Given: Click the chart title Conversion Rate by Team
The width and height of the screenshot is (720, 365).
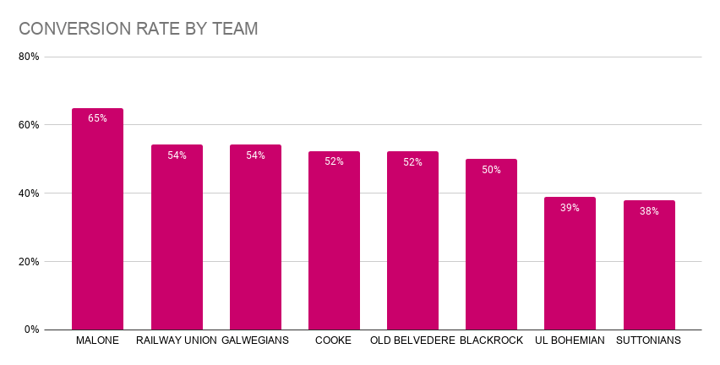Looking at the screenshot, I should (x=138, y=29).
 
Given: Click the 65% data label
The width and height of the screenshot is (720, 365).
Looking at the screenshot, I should (x=97, y=118).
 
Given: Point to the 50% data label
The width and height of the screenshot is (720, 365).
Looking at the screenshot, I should (x=491, y=170).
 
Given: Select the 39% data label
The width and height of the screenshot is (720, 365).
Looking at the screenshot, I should (x=570, y=208).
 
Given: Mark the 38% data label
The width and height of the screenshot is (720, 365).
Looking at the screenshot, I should (x=649, y=211).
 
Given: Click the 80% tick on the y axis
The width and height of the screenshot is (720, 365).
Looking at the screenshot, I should (x=30, y=57).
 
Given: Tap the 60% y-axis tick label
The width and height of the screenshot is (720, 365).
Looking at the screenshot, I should (x=30, y=125).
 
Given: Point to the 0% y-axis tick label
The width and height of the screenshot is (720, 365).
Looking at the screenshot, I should (x=32, y=330).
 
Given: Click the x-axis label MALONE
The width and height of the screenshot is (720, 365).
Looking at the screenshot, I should (x=97, y=340).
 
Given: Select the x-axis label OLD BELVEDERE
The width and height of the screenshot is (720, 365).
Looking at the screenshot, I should (x=412, y=340).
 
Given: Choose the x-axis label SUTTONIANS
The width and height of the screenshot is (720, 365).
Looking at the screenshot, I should (x=649, y=340).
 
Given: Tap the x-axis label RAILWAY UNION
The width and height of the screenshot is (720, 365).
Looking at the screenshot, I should (x=177, y=340).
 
